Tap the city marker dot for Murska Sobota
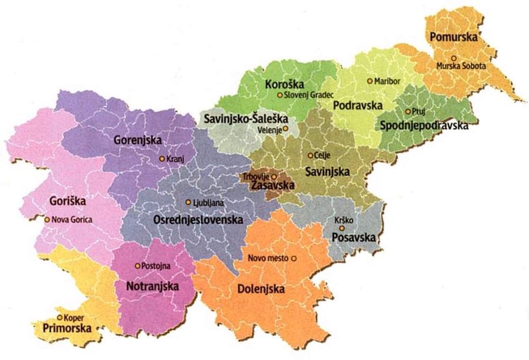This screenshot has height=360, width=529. coord(452,58)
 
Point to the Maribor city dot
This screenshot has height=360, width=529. coord(370,81)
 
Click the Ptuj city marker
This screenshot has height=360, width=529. coord(408,111)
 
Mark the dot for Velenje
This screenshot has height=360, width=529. coord(286,128)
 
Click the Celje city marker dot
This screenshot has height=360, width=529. coord(310,155)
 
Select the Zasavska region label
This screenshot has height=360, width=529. coord(273,185)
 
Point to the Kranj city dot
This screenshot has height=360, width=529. coord(162,158)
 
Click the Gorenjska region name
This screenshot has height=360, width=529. coord(137,140)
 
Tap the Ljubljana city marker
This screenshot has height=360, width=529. coord(188,202)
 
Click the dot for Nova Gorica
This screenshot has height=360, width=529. coord(47,219)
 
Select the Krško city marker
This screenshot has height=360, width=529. coord(337,220)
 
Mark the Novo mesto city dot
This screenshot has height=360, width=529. coord(294,258)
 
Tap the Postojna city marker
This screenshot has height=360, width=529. coord(137,266)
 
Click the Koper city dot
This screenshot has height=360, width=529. coord(60,317)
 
